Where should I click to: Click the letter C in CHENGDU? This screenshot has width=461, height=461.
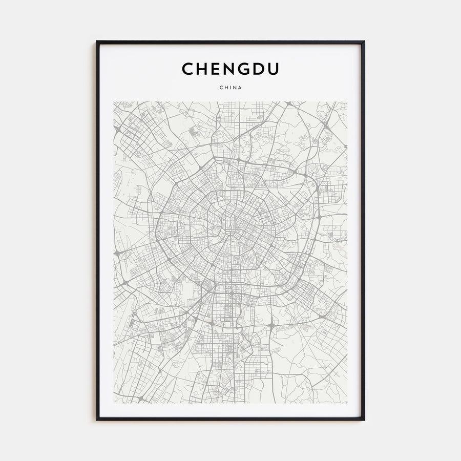188,70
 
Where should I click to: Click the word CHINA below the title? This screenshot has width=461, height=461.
230,87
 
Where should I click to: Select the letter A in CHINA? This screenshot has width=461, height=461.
240,87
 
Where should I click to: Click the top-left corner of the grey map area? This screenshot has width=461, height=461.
114,102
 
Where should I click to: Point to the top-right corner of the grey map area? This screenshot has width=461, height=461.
347,102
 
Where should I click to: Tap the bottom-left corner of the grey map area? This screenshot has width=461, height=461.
114,403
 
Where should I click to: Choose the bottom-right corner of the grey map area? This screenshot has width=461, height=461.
347,403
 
